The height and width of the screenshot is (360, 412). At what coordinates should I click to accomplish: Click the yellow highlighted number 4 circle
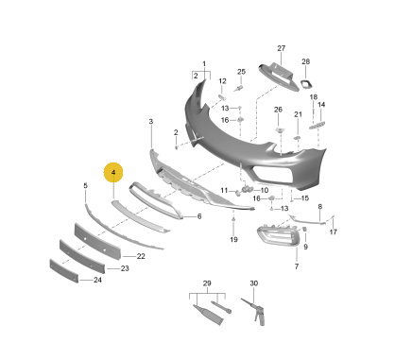pos(113,173)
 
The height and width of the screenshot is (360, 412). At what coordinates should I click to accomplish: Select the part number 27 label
pos(282,48)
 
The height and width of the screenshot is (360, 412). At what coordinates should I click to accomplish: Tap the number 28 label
pos(306,61)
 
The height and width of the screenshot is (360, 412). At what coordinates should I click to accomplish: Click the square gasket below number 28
pos(306,84)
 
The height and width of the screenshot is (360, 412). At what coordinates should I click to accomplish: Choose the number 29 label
pos(207,283)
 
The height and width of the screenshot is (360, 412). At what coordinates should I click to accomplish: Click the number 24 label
pos(97,280)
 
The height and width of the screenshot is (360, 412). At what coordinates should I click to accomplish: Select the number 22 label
pos(141,256)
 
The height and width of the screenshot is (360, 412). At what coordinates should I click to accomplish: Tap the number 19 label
pos(233,240)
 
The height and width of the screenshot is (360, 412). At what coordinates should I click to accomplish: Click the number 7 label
pos(297,266)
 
